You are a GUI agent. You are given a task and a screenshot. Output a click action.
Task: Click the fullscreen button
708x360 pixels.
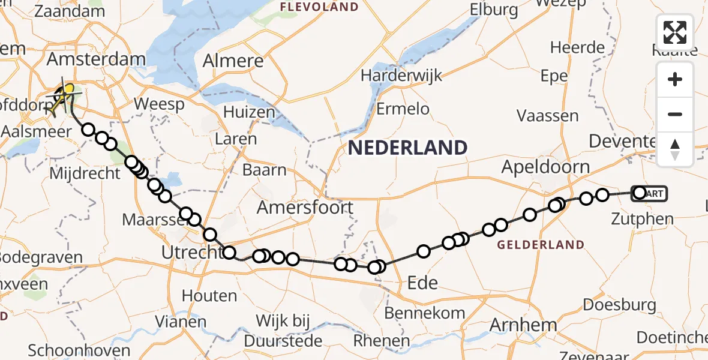[675, 32]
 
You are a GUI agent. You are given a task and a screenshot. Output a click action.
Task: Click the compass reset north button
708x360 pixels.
[675, 149]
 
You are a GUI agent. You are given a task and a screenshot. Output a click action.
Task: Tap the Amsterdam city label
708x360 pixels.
[96, 60]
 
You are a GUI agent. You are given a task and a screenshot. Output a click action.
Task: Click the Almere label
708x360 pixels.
[233, 61]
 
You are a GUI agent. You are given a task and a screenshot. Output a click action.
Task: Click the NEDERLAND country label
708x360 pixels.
[407, 147]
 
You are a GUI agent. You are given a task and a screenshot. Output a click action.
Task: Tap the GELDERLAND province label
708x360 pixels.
[541, 245]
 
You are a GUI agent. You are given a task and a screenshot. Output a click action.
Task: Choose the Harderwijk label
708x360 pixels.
[402, 76]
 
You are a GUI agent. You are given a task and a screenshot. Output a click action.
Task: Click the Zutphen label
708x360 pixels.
[642, 220]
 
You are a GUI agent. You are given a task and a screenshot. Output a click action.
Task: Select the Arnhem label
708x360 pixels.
[515, 325]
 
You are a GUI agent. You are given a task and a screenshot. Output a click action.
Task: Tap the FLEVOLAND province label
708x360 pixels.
[319, 7]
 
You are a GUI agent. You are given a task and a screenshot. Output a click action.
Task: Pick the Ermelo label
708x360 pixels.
[403, 109]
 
